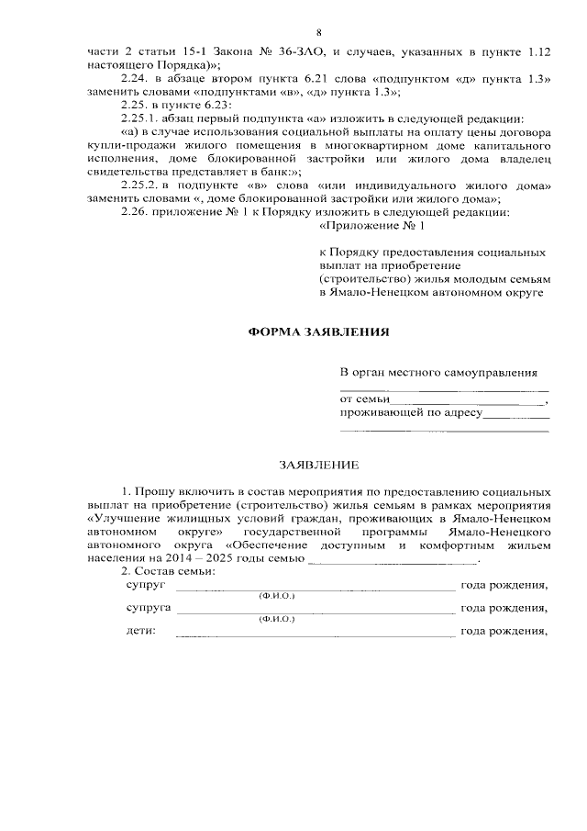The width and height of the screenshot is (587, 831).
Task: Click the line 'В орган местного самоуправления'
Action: tap(438, 373)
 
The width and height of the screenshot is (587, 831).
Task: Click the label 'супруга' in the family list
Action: tap(146, 608)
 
